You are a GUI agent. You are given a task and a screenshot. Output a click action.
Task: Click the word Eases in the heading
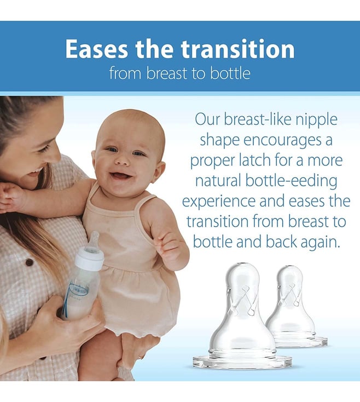coord(96,49)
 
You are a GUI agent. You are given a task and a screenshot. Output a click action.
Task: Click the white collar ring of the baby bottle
coord(90,257)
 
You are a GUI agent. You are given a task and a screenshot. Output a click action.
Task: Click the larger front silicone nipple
coord(242,315)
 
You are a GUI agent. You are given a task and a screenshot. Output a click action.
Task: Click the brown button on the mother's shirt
coord(30,262)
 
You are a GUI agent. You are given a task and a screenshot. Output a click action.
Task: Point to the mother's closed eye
coord(44,149)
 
